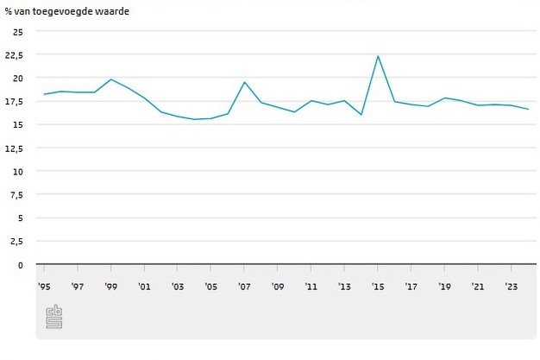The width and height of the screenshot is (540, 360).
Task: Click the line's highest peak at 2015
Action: point(378,56)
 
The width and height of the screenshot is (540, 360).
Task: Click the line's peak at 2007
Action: point(244,82)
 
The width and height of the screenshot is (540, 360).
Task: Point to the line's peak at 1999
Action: point(111,79)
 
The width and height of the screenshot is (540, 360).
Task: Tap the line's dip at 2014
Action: point(361,115)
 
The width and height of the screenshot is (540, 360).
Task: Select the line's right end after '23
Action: point(528,109)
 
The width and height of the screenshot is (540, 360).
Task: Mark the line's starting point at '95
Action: point(44,94)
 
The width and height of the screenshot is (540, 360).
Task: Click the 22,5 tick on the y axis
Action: point(16,54)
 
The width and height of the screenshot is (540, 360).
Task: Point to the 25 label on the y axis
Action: point(18,31)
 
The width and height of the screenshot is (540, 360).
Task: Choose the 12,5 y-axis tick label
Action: point(16,148)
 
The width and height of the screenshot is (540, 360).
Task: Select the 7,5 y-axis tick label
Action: point(18,194)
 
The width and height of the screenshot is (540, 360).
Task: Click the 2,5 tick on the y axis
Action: point(18,242)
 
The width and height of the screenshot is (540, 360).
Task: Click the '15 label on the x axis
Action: point(378,287)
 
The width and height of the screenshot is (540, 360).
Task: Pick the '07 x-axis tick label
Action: point(244,287)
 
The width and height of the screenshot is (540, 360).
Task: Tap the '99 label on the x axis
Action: point(111,287)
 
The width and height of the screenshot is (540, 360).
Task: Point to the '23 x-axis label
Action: point(511,287)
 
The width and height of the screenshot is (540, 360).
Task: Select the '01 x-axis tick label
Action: point(144,287)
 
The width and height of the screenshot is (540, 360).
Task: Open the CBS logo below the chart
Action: point(53,316)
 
